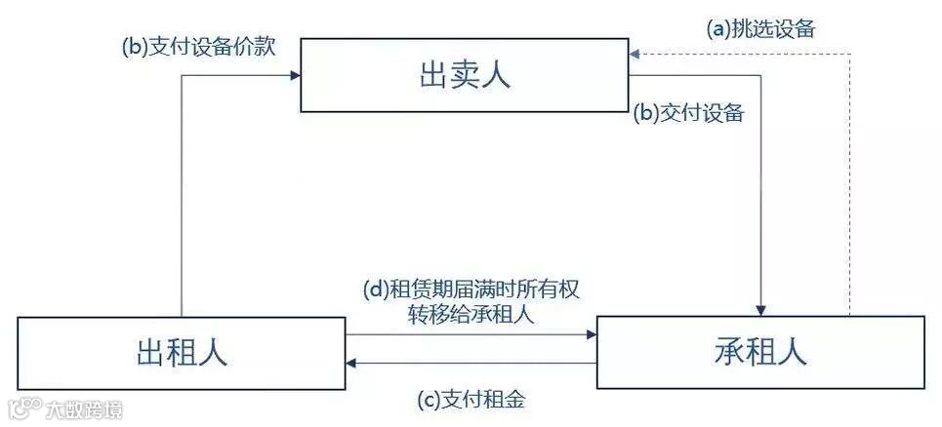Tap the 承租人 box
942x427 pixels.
tap(760, 352)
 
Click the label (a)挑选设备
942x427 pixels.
tap(761, 29)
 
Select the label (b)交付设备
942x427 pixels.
tap(690, 113)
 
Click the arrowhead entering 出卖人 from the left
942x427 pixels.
tap(295, 77)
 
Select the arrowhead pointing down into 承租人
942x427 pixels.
tap(761, 310)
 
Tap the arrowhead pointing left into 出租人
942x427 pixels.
tap(352, 364)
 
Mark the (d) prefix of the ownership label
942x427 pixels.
tap(374, 291)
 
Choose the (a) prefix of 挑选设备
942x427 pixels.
tap(718, 29)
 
